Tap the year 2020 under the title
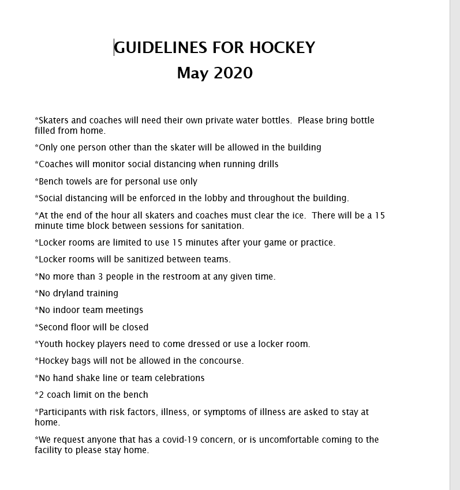click(x=233, y=73)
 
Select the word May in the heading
click(x=192, y=73)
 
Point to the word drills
click(x=266, y=164)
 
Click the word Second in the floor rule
click(x=54, y=327)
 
